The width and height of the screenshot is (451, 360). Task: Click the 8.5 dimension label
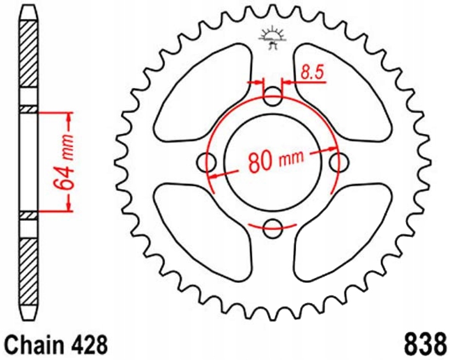[312, 73]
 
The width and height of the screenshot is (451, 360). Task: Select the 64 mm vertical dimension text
[67, 161]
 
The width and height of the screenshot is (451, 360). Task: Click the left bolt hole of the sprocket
[207, 163]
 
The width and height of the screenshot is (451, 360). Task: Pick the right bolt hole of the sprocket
[337, 163]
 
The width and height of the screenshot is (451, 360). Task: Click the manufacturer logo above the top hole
[272, 39]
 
